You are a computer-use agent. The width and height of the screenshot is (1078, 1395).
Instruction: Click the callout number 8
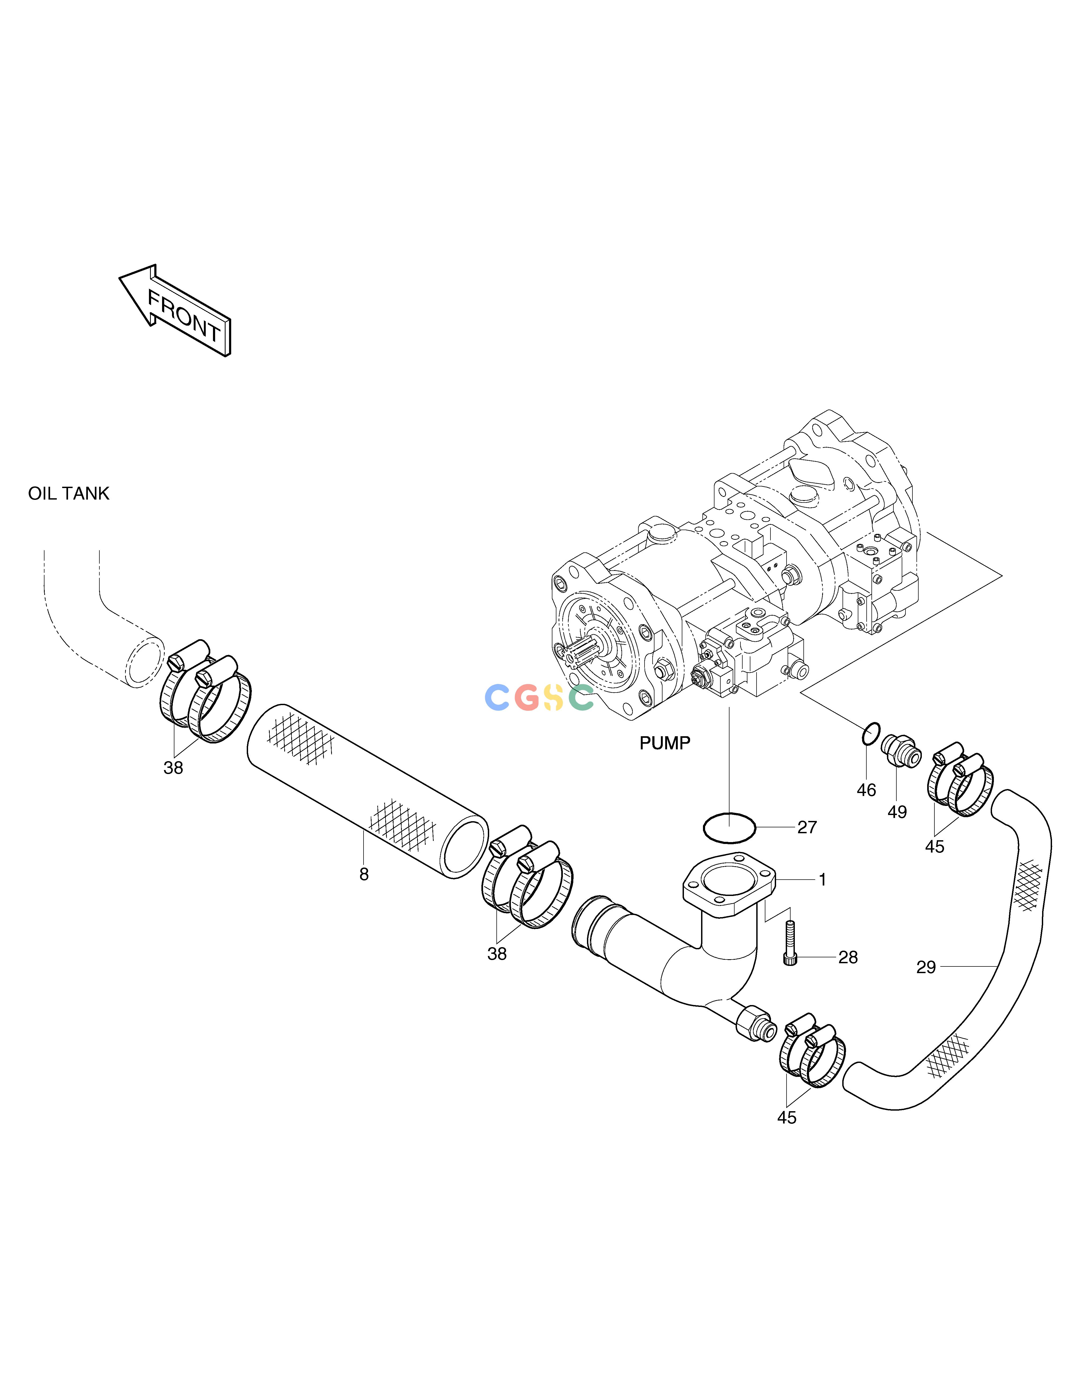pyautogui.click(x=364, y=875)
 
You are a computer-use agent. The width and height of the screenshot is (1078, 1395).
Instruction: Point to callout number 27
pyautogui.click(x=807, y=827)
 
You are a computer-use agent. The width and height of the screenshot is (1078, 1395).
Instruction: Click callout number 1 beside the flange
pyautogui.click(x=822, y=880)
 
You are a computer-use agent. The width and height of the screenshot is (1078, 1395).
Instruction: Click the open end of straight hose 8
pyautogui.click(x=466, y=847)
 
